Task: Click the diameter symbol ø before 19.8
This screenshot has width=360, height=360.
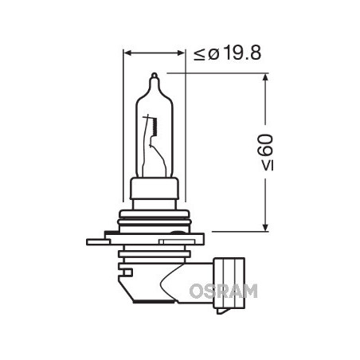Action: pos(213,55)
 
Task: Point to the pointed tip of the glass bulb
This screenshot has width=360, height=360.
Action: pos(155,76)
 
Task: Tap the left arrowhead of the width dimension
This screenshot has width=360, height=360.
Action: pos(127,55)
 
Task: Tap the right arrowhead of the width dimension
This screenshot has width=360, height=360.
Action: pos(182,55)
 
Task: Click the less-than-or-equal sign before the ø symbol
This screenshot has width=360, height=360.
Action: pos(198,55)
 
